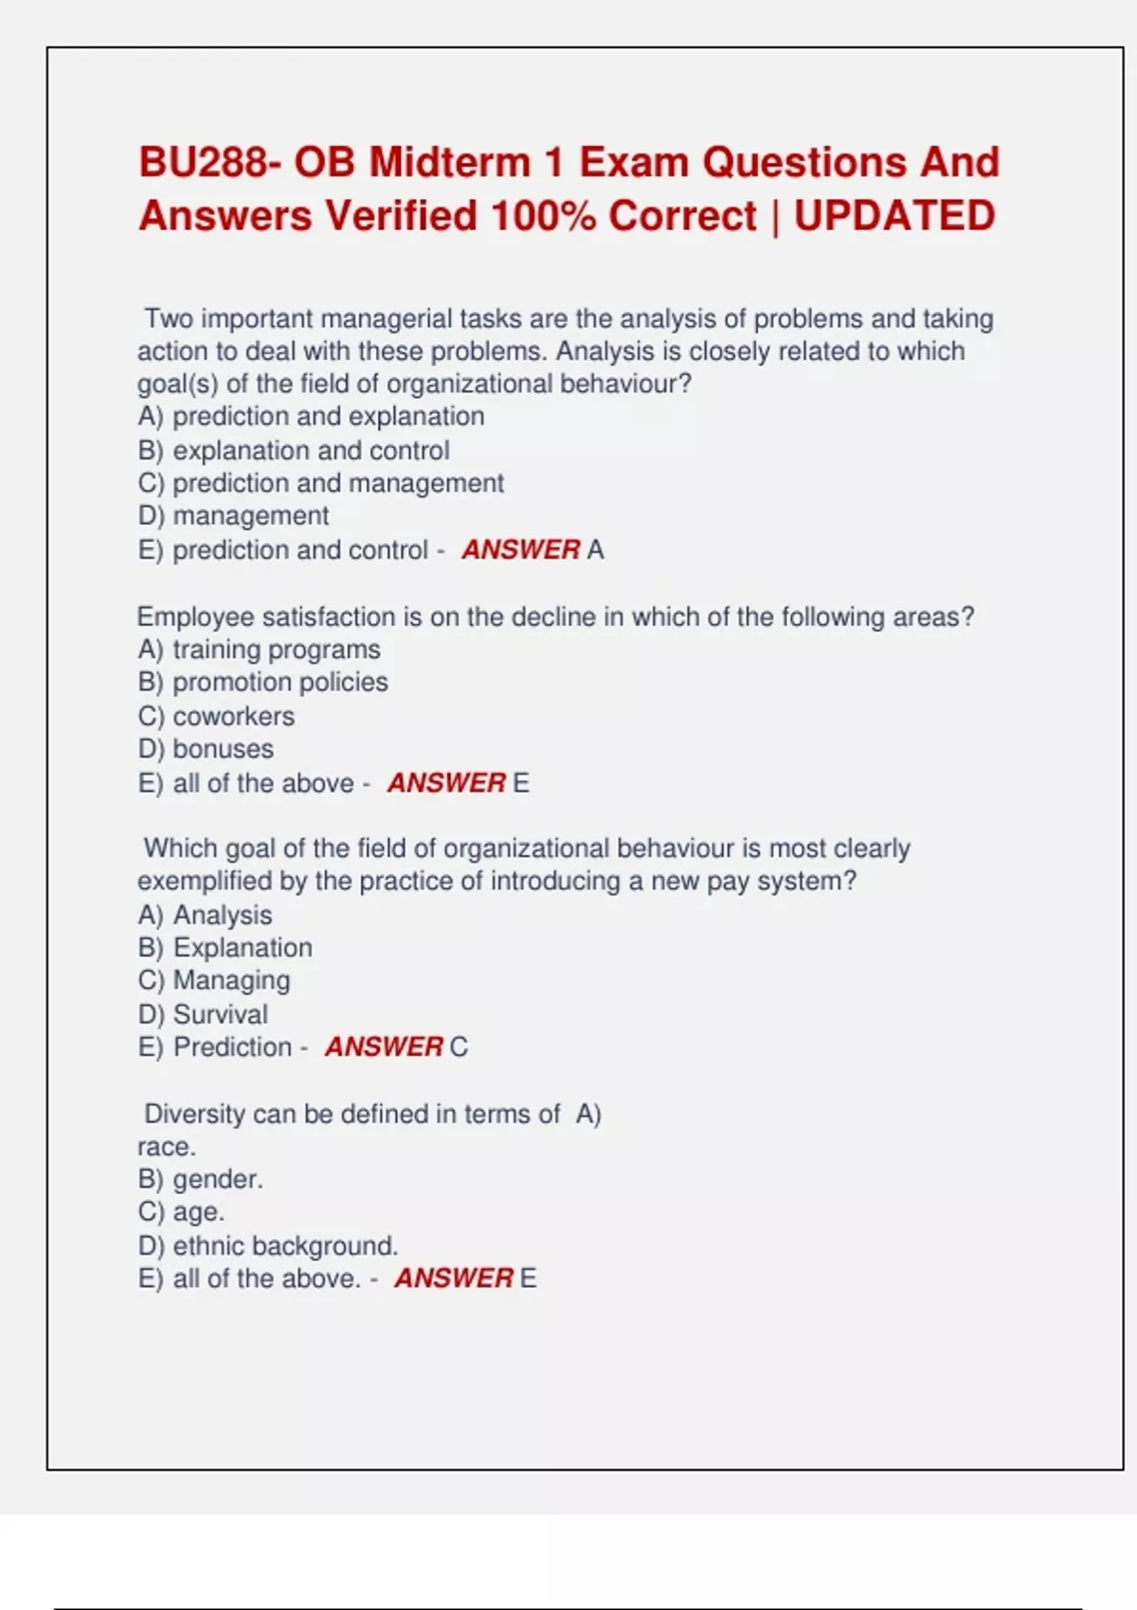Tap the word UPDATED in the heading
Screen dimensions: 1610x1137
pyautogui.click(x=894, y=216)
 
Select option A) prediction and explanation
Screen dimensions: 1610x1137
pyautogui.click(x=311, y=417)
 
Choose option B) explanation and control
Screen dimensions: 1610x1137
pyautogui.click(x=294, y=451)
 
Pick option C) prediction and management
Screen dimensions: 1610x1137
pyautogui.click(x=320, y=483)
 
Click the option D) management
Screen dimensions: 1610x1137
pyautogui.click(x=233, y=516)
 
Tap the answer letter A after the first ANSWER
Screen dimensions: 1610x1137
pyautogui.click(x=595, y=550)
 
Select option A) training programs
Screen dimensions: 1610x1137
pyautogui.click(x=259, y=650)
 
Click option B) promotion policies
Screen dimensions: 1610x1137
pyautogui.click(x=262, y=683)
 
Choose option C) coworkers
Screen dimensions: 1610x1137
pyautogui.click(x=216, y=716)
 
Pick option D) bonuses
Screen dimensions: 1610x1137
pyautogui.click(x=206, y=749)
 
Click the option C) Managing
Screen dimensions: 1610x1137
pyautogui.click(x=214, y=980)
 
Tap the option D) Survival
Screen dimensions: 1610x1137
pyautogui.click(x=203, y=1014)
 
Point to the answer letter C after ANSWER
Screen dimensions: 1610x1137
pyautogui.click(x=459, y=1047)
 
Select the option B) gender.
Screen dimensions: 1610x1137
pyautogui.click(x=201, y=1179)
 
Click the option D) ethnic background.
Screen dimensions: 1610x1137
pyautogui.click(x=268, y=1245)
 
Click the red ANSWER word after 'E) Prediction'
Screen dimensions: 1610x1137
pyautogui.click(x=384, y=1047)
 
